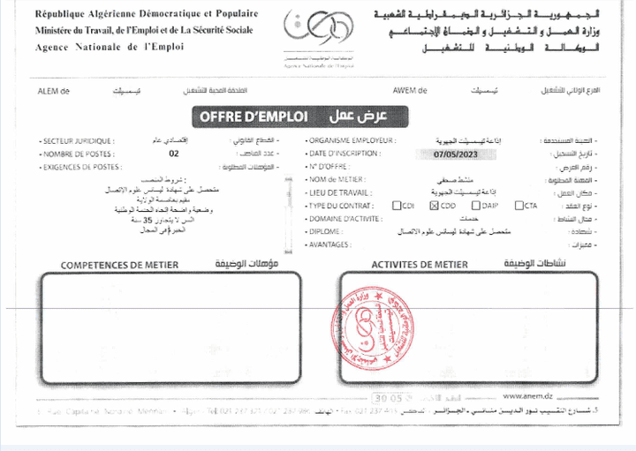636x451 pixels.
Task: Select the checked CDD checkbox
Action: (434, 206)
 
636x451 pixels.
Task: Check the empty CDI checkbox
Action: (397, 206)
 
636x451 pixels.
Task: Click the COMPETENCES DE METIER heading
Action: (119, 265)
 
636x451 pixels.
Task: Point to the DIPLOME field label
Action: (325, 231)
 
